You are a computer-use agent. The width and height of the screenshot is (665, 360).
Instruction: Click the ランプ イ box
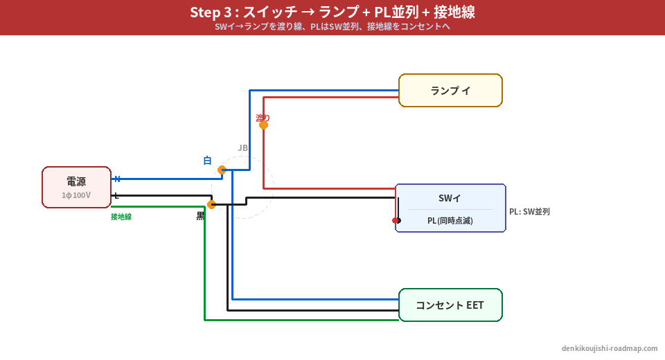[450, 91]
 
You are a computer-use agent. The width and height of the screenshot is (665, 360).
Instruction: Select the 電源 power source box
[76, 187]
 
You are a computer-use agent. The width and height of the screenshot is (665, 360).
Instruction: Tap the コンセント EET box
[450, 305]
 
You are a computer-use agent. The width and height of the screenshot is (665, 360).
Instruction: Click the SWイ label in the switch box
[450, 198]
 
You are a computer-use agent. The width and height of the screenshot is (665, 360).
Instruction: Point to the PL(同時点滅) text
[450, 221]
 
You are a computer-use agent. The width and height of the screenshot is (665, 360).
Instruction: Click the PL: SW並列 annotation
[529, 212]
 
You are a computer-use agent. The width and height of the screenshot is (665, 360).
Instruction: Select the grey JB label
[242, 147]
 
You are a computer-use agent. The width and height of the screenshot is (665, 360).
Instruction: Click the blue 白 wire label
[207, 161]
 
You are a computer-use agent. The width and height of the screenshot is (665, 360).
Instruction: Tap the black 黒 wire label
[200, 216]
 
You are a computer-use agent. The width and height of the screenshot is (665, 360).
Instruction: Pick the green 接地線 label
[121, 217]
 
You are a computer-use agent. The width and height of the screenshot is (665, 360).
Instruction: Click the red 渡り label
[263, 118]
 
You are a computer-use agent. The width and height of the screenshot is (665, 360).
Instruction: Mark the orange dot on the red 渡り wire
[263, 125]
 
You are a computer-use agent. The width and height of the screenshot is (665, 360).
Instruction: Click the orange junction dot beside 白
[222, 170]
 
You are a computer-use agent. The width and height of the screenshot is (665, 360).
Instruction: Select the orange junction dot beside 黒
[212, 204]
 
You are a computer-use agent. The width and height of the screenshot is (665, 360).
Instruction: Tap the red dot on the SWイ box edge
[396, 220]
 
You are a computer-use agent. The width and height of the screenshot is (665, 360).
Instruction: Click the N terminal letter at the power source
[117, 179]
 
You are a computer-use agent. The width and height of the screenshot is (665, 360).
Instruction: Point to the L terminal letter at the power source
[116, 196]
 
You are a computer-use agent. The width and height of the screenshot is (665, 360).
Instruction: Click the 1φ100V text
[76, 195]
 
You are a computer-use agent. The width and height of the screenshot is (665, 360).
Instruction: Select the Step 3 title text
[332, 12]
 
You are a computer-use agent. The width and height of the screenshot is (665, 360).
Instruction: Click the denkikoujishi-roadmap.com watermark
[610, 348]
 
